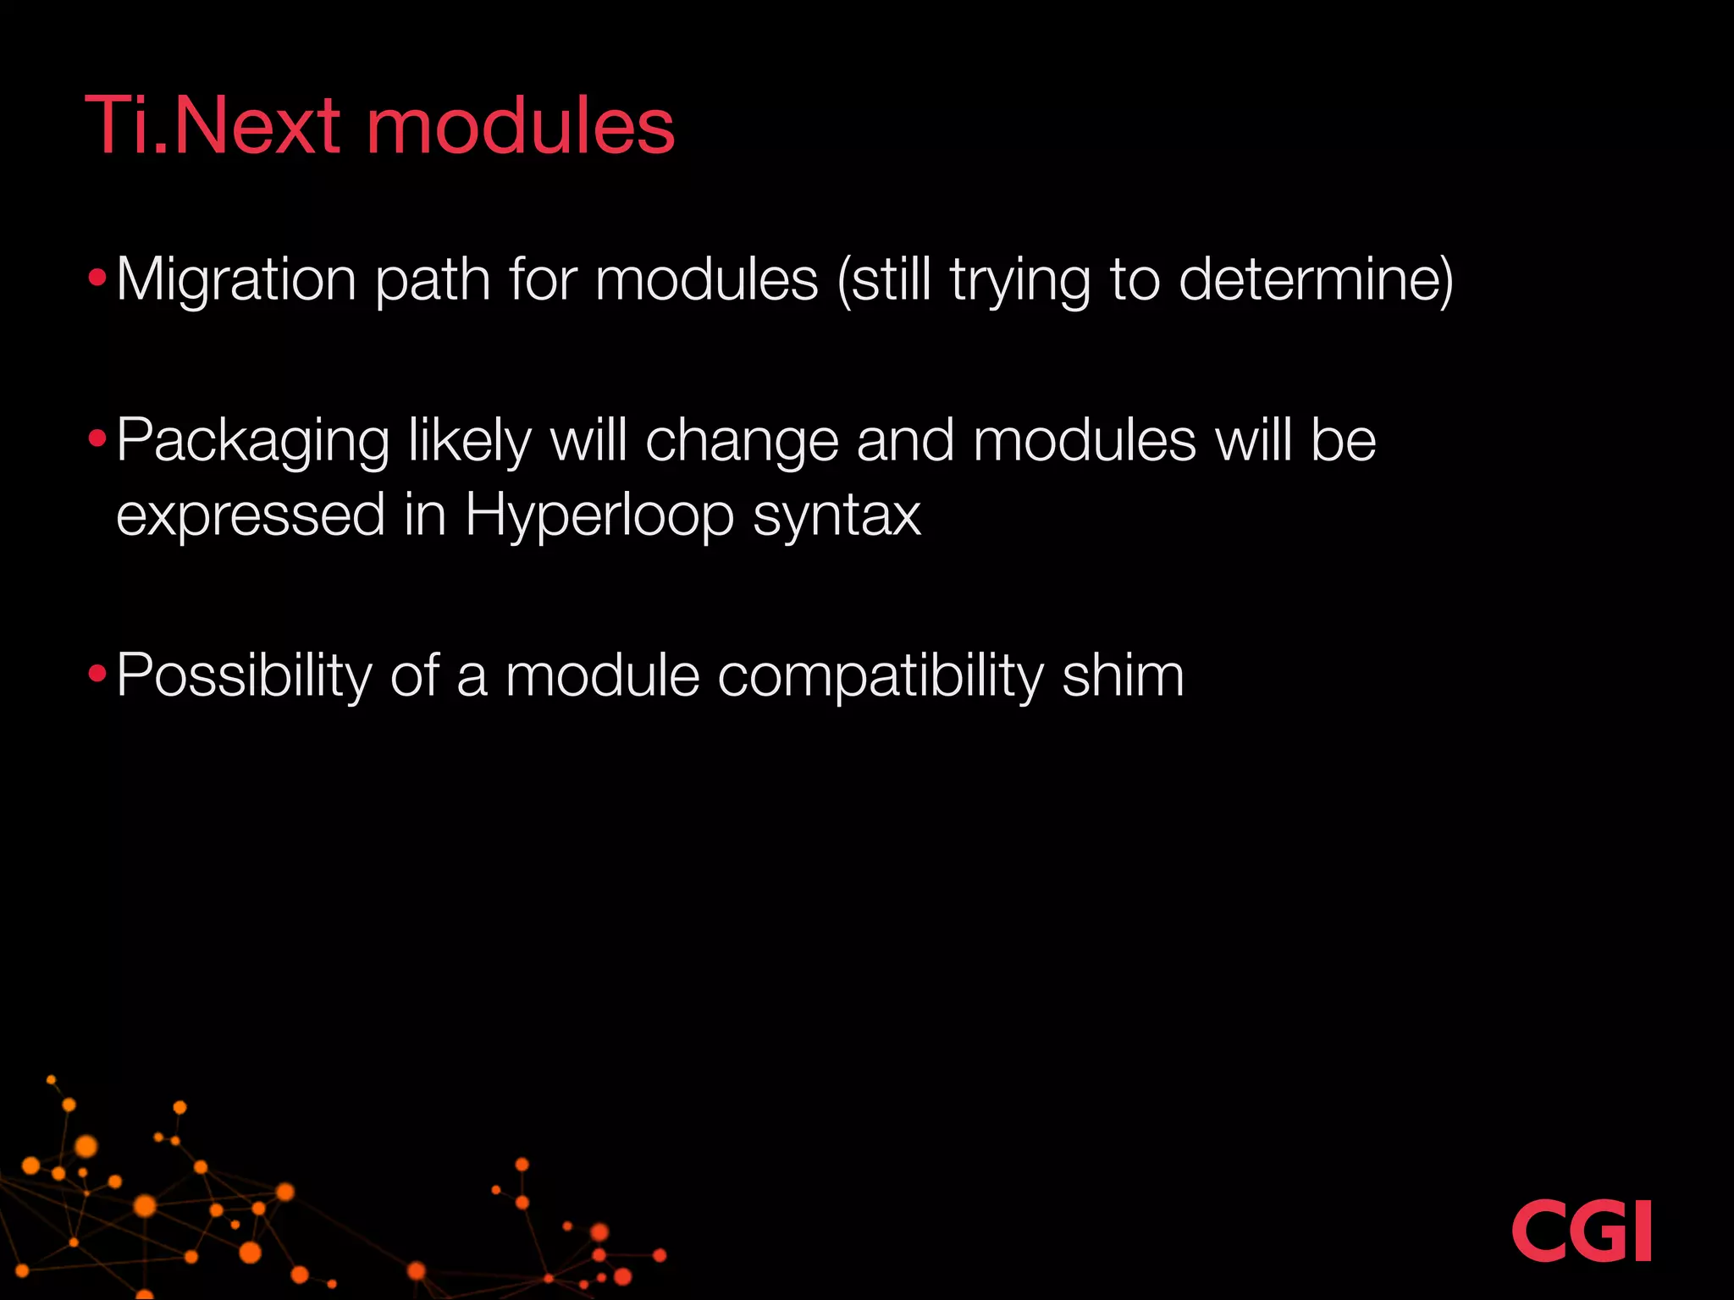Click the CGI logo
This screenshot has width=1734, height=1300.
[1581, 1230]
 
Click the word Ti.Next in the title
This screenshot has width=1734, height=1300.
[213, 126]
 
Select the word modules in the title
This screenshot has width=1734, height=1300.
[520, 126]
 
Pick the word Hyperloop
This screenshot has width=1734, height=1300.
[599, 515]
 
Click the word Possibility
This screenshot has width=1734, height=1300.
[244, 676]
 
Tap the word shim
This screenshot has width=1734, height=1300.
[1123, 676]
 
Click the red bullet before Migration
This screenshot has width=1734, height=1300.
[97, 277]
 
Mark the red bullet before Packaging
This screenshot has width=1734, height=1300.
[97, 438]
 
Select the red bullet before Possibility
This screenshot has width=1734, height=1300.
[97, 674]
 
